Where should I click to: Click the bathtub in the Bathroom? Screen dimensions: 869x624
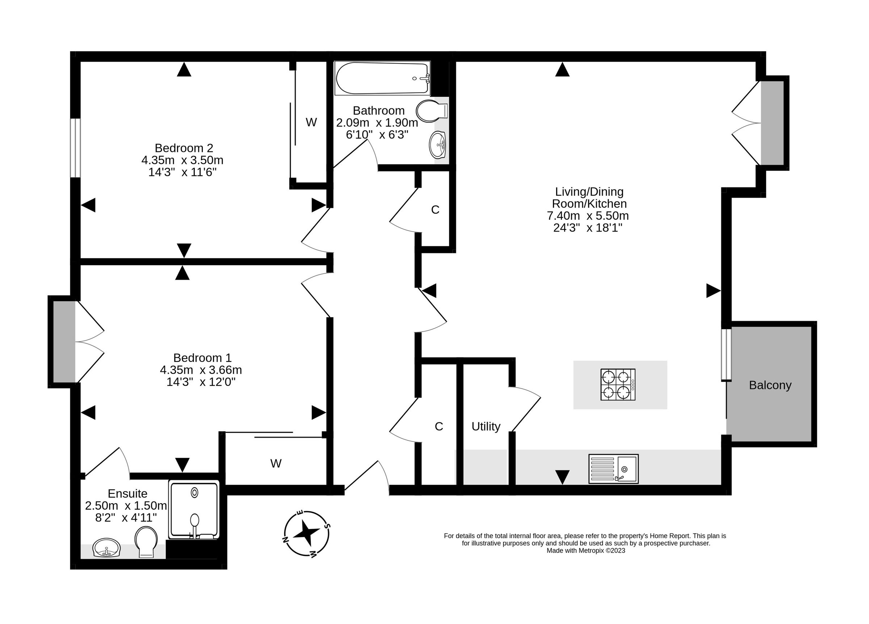382,78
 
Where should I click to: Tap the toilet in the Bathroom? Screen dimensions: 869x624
432,111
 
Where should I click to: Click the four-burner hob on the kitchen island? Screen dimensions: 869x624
618,385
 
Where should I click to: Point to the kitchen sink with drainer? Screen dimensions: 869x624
613,469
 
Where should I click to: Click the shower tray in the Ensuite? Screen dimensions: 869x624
194,510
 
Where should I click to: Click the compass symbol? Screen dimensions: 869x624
307,533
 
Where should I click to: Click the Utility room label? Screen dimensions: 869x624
486,426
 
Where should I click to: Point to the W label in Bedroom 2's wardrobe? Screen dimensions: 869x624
311,122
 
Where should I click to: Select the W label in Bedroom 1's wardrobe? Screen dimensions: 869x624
276,463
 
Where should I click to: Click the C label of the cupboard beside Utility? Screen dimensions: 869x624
439,426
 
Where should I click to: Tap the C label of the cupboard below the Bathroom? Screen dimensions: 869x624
435,209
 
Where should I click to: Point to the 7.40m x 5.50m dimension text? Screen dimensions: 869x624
588,216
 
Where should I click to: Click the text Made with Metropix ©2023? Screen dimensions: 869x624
586,550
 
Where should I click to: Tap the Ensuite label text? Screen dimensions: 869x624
127,493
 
